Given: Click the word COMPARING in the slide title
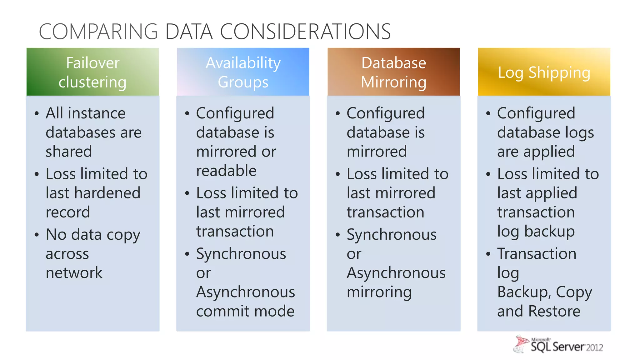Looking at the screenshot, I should pos(98,32).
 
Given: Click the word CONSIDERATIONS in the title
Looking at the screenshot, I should pos(305,32).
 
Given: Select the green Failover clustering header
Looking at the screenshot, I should pos(92,72).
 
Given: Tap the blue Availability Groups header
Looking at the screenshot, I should pos(243,72).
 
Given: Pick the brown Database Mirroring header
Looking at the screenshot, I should pos(393,72).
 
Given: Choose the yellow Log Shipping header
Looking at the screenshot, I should pos(544,72).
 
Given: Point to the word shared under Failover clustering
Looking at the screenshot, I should pos(69,152).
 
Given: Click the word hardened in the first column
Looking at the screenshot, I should pos(107,193).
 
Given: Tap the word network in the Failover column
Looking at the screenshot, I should pos(74,273).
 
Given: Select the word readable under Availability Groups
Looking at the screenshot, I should pos(226,171).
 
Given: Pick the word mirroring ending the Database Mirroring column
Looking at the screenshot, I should pos(379,292).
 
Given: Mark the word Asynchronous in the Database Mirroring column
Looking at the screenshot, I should pos(396,273).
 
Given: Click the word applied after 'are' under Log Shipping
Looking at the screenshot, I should pos(549,152).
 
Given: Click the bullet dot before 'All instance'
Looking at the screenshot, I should pos(37,113).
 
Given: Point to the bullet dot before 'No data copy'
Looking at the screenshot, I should pos(37,235).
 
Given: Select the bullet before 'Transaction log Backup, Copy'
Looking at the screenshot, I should pos(488,254).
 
